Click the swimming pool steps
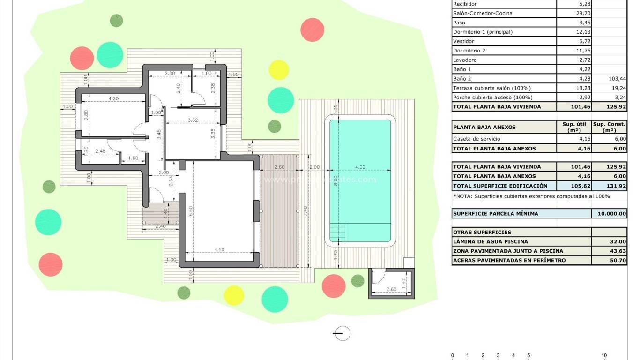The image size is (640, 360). coord(337,232)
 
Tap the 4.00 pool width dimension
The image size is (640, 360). coord(360,167)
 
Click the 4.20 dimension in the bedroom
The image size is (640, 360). coord(113,99)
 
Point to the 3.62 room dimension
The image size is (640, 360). coord(193,120)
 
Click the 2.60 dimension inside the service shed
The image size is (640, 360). coord(392,290)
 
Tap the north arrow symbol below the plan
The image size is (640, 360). coord(342,333)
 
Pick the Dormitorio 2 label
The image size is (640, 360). coord(469,51)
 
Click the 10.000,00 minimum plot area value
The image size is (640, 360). coord(609,214)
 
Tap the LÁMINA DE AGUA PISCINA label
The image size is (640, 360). coord(490,242)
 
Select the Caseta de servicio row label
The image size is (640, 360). coord(476,139)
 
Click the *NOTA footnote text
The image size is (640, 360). coord(531,196)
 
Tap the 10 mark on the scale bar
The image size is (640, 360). coord(604,356)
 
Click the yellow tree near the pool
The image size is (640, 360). coord(279,70)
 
